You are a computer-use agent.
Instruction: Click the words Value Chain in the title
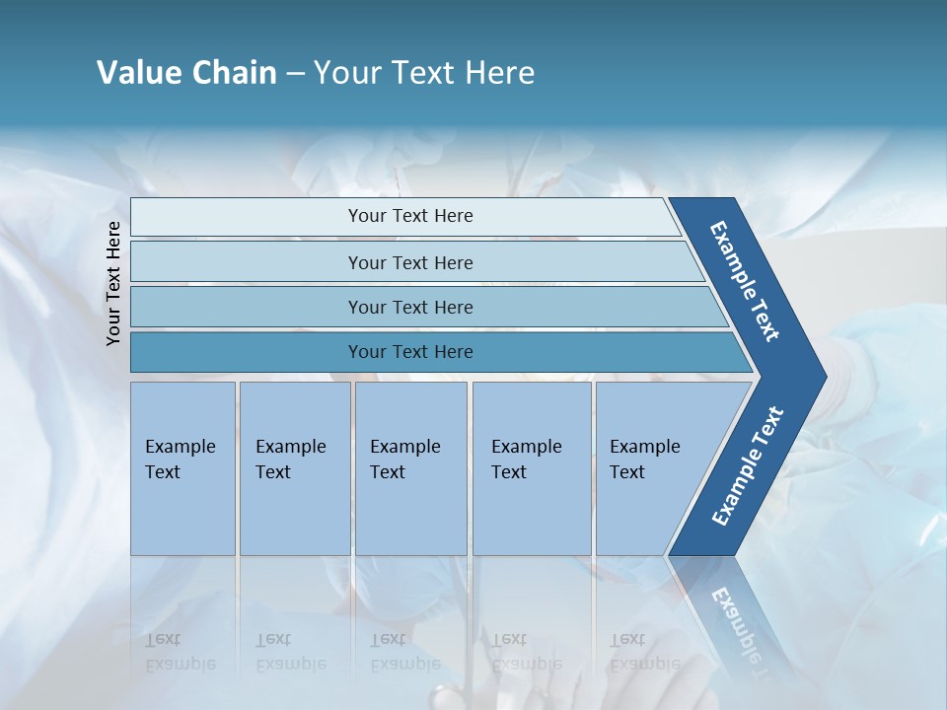click(186, 73)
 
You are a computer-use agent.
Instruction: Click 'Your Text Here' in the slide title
click(424, 73)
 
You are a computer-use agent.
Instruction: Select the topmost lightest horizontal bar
click(247, 217)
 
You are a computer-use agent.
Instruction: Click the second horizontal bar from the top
click(247, 262)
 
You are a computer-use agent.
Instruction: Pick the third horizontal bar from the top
click(247, 308)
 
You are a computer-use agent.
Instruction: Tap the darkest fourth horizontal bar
click(247, 352)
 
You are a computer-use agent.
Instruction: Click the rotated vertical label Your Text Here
click(113, 284)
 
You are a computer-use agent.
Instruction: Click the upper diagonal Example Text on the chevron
click(745, 281)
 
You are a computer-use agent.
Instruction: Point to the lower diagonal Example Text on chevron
click(748, 466)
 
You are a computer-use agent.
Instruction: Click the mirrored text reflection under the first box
click(180, 652)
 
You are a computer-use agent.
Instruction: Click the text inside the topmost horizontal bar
click(410, 216)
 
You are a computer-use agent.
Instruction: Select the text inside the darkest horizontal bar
click(410, 352)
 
